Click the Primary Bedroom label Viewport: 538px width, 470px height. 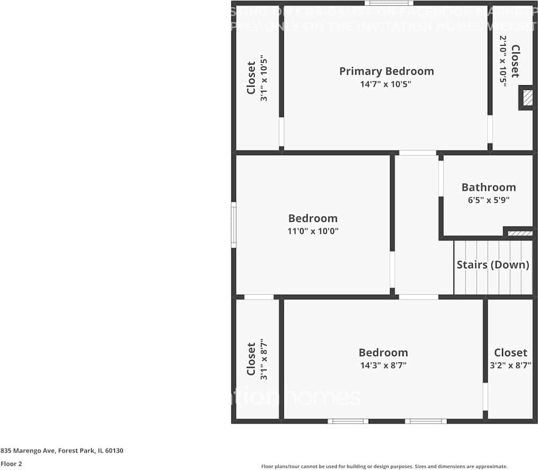pyautogui.click(x=386, y=71)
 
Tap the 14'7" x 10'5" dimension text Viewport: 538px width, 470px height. pyautogui.click(x=386, y=84)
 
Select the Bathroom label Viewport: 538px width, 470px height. pyautogui.click(x=488, y=187)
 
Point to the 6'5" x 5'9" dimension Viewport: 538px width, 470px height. pyautogui.click(x=488, y=200)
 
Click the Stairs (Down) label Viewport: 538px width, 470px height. pyautogui.click(x=492, y=265)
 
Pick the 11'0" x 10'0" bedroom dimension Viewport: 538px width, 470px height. pyautogui.click(x=312, y=231)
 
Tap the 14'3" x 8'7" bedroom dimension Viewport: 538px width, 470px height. pyautogui.click(x=383, y=365)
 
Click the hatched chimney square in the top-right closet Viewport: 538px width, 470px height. pyautogui.click(x=527, y=98)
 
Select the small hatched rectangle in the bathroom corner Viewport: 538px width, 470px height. pyautogui.click(x=519, y=232)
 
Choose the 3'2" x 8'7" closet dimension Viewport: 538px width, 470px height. pyautogui.click(x=510, y=365)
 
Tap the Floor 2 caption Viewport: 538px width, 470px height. pyautogui.click(x=11, y=464)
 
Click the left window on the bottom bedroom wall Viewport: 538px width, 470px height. pyautogui.click(x=348, y=421)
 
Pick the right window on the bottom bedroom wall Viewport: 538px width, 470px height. pyautogui.click(x=426, y=421)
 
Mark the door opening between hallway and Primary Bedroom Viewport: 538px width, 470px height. pyautogui.click(x=418, y=153)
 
